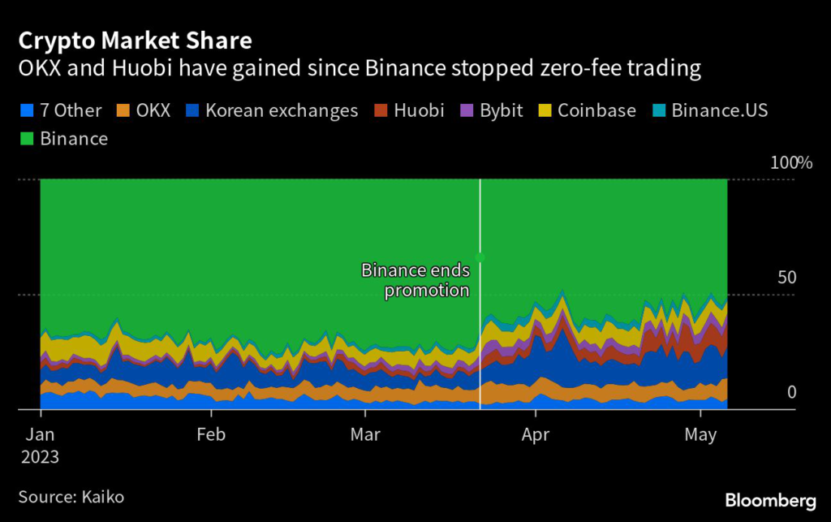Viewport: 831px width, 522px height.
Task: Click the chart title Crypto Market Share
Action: (x=136, y=40)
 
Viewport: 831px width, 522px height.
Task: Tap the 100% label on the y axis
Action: (x=791, y=162)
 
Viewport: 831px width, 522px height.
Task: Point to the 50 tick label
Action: (x=786, y=278)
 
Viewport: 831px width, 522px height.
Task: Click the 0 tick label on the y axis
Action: (x=792, y=393)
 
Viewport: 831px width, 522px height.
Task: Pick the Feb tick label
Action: (x=210, y=434)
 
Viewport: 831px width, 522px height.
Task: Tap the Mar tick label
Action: (x=365, y=434)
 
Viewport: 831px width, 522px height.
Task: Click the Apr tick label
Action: (x=535, y=434)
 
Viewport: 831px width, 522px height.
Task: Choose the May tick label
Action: (x=700, y=434)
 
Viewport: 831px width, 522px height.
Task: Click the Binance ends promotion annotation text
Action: (x=415, y=280)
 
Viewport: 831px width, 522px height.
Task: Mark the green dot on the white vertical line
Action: (x=480, y=257)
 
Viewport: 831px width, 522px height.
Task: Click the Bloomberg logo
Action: (x=769, y=498)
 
